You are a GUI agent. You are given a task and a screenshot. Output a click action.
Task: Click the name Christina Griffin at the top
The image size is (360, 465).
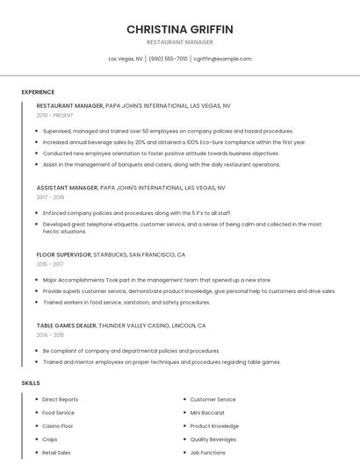[180, 29]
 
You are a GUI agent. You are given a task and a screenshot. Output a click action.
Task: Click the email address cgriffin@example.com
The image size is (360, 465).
[222, 59]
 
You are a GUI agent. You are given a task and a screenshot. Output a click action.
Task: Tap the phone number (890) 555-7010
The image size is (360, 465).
[169, 59]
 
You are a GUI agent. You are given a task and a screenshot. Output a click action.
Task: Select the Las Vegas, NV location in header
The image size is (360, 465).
[126, 59]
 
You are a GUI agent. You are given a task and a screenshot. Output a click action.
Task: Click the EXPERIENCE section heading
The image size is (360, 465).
[38, 92]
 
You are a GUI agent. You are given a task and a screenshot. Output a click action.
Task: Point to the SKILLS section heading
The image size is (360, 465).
[31, 383]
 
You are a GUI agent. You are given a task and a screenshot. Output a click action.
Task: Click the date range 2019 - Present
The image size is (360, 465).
[54, 115]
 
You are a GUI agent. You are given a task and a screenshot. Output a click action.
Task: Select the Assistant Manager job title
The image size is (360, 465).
[67, 188]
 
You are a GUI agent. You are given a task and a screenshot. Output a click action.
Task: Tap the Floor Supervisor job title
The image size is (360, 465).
[63, 254]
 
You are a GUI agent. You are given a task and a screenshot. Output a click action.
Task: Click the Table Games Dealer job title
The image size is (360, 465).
[67, 325]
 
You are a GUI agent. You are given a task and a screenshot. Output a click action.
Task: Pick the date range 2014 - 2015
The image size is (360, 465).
[50, 334]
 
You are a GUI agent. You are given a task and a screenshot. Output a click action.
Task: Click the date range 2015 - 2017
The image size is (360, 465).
[50, 264]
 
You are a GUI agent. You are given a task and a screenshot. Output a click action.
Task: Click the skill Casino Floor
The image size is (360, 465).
[58, 426]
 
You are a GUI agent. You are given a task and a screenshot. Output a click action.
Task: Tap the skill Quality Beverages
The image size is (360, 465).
[213, 440]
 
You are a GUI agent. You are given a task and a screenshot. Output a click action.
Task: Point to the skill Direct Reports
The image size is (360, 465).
[60, 399]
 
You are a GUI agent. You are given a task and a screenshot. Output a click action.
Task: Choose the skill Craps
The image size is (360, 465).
[50, 440]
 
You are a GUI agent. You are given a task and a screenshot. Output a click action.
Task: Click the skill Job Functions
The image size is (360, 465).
[208, 453]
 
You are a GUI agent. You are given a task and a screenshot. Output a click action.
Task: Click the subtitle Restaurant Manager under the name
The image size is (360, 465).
[180, 42]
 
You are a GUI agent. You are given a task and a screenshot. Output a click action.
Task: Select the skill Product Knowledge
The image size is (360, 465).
[214, 426]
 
